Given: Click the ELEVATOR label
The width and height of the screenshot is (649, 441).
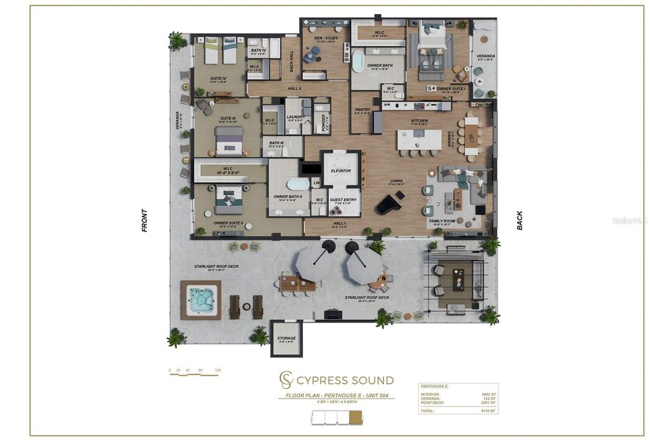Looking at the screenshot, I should (x=341, y=171).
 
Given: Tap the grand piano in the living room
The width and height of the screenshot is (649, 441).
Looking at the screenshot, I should (x=387, y=203).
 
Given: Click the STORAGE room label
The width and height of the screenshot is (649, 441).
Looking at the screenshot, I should (x=286, y=338).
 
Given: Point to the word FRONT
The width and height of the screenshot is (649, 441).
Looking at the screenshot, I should (x=145, y=220).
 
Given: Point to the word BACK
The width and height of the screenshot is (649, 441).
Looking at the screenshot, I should (x=520, y=220).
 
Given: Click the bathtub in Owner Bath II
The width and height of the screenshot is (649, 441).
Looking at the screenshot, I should (x=298, y=184).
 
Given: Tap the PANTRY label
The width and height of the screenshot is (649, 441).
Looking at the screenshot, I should (x=363, y=110).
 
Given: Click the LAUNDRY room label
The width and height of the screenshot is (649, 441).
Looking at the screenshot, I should (x=296, y=117).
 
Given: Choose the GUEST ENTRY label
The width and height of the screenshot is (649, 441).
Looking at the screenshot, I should (x=343, y=200).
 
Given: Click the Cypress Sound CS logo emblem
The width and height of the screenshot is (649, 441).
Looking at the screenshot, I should (x=286, y=380).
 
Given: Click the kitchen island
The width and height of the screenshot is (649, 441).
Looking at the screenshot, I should (x=419, y=139).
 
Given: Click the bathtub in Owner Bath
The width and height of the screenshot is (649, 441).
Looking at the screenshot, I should (x=358, y=62).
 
